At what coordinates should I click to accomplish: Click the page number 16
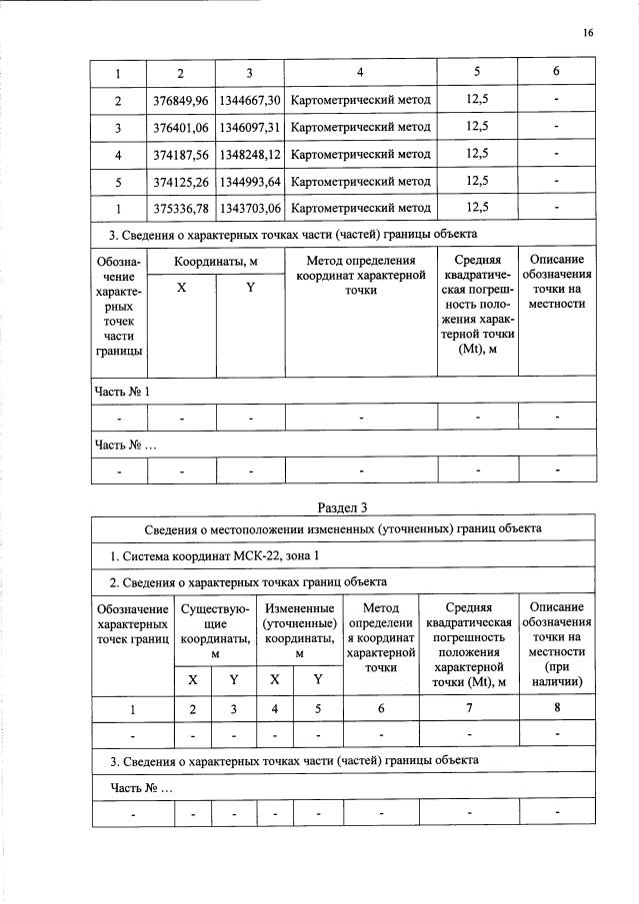point(588,33)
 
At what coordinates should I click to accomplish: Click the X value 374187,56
point(181,154)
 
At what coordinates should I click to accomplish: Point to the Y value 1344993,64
point(250,181)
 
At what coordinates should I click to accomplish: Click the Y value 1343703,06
point(250,208)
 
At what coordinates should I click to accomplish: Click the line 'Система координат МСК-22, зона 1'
point(215,555)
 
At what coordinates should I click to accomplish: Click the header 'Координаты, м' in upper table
point(215,261)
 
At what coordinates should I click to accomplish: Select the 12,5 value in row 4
point(477,154)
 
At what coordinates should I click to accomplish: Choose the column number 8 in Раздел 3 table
point(557,708)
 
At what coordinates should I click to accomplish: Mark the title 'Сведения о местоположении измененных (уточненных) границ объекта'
point(343,528)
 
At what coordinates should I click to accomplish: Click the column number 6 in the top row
point(556,73)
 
